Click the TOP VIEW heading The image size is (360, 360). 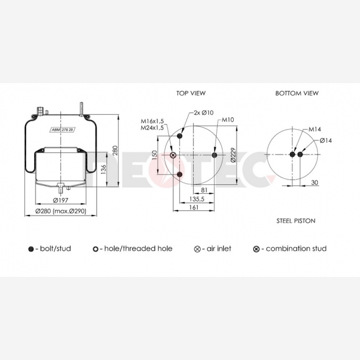[x=191, y=93]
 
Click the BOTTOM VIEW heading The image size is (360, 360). [x=297, y=93]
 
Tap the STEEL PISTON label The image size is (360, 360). [x=296, y=221]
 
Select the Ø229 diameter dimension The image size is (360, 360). [x=233, y=155]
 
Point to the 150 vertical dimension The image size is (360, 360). [x=155, y=155]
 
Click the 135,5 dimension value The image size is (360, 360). [x=197, y=199]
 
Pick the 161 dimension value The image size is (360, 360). [x=194, y=207]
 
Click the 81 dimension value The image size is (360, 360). [x=204, y=190]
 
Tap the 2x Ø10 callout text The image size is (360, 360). [x=204, y=112]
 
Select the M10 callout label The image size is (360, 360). [x=228, y=120]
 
